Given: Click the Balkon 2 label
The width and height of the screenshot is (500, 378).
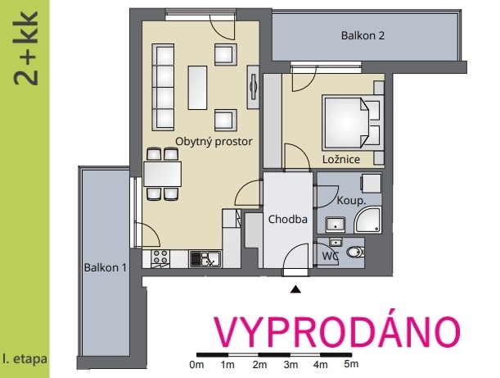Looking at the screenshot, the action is tap(363, 35).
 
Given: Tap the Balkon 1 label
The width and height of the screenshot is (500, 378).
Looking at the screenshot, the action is tap(106, 267).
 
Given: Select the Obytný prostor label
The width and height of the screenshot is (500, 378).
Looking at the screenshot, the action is tap(214, 142).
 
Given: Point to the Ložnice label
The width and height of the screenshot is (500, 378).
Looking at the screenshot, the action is tap(341, 159).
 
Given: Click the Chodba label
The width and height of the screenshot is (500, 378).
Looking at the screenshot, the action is tap(287, 219).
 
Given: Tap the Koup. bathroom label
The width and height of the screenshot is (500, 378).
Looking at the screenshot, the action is tap(351, 201).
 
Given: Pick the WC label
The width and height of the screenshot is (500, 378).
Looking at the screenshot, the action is tap(330, 256).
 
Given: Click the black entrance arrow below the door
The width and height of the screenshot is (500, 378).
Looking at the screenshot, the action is tap(296, 289).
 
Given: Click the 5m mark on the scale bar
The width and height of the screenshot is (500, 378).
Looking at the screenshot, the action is tap(351, 364).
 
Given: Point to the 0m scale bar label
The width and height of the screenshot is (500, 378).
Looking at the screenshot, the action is tap(196, 365).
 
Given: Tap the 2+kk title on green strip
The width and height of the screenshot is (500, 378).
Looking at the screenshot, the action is tap(25, 48).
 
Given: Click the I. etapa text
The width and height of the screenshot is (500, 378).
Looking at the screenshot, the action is tap(25, 359).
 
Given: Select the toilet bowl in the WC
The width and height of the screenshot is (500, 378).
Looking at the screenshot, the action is tap(354, 252).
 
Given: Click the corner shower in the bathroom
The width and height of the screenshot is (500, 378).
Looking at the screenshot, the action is tap(368, 220).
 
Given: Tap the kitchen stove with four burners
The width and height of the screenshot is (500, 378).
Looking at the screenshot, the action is tap(160, 258).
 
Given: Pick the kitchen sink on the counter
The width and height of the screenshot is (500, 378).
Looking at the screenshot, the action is tap(205, 259).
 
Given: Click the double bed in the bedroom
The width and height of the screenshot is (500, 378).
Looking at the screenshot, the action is tap(352, 123).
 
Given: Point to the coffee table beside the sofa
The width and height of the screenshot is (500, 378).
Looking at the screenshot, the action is tap(197, 88).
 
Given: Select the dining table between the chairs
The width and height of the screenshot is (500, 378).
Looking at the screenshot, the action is tap(163, 174).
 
